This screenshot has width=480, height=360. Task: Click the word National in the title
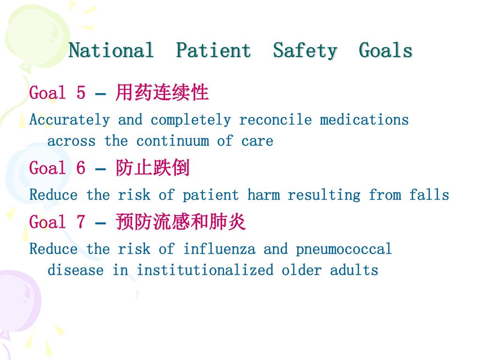point(111,50)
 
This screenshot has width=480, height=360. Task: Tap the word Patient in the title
point(214,50)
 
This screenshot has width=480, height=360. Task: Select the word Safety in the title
point(305,51)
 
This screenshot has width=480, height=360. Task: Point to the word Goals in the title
point(386,50)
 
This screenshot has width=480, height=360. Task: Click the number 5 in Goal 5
point(81,92)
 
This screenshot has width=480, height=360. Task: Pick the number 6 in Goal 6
point(81,168)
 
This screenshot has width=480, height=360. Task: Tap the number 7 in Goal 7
point(81,222)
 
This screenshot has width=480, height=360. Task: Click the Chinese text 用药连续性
point(162,92)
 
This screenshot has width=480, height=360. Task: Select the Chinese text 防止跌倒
point(153,168)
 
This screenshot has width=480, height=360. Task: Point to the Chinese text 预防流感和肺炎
point(180,222)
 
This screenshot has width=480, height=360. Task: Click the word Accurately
point(69,120)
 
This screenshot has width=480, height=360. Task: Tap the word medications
point(364,120)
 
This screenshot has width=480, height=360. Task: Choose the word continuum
point(173,141)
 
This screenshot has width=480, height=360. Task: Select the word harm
point(263,195)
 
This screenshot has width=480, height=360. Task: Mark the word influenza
point(219,248)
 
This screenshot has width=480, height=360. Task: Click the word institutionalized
point(205,270)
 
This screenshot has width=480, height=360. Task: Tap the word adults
point(354,270)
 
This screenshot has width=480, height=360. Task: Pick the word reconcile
point(276,120)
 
